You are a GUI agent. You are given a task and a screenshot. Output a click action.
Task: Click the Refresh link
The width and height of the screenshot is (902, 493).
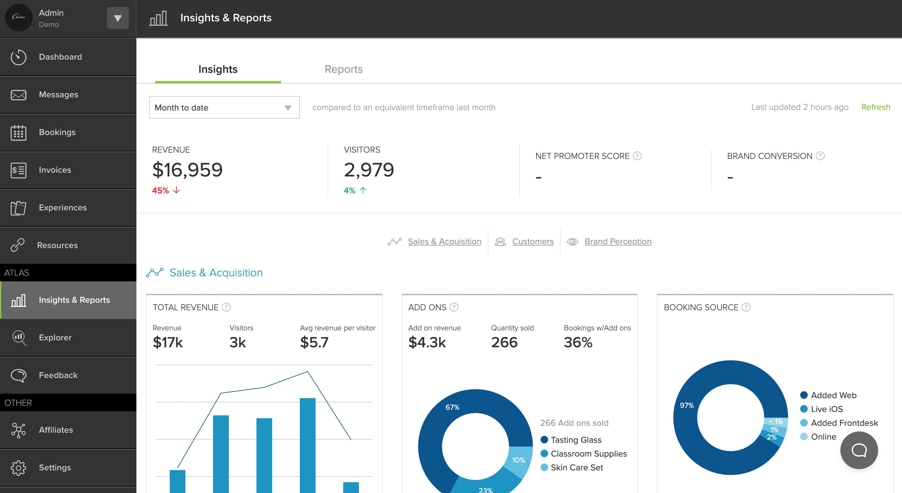click(x=875, y=107)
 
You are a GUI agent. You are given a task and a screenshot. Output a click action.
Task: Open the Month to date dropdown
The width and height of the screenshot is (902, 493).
click(x=224, y=107)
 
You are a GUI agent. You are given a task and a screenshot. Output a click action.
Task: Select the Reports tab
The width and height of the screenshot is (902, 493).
click(x=344, y=69)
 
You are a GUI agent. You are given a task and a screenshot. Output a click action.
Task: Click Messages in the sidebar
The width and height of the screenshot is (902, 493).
click(x=58, y=95)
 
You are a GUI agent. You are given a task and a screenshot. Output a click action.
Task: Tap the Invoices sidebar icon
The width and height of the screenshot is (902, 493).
click(x=18, y=170)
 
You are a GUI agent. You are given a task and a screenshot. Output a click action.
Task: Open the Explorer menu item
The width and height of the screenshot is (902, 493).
click(x=55, y=338)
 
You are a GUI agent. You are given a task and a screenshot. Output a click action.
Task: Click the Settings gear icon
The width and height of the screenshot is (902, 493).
click(x=18, y=468)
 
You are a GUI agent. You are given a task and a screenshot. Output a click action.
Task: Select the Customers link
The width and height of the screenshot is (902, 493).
click(x=533, y=241)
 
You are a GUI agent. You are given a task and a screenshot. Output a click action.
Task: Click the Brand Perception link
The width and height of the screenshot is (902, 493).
click(x=618, y=241)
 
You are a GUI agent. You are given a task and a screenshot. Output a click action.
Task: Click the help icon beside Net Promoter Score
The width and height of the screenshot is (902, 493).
click(x=637, y=156)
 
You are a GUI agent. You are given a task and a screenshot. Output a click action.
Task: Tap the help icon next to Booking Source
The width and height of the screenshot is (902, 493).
click(x=746, y=307)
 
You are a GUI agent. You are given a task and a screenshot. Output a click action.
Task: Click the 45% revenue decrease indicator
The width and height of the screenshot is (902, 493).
click(x=166, y=190)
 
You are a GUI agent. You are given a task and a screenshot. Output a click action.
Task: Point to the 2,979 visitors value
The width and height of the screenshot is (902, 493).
click(x=369, y=170)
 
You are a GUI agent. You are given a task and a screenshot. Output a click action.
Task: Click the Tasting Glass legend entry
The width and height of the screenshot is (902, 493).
click(x=576, y=440)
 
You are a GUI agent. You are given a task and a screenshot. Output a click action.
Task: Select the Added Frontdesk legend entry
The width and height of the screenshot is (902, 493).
click(x=844, y=423)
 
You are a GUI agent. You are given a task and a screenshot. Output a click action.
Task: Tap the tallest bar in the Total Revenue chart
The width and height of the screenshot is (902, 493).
click(x=307, y=444)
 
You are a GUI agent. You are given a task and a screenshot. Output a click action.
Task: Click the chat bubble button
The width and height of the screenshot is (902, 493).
click(x=859, y=450)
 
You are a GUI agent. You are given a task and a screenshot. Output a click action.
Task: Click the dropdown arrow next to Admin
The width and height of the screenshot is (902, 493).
click(x=118, y=18)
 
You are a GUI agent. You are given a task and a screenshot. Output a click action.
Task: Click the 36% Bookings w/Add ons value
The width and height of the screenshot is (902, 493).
click(x=578, y=342)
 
